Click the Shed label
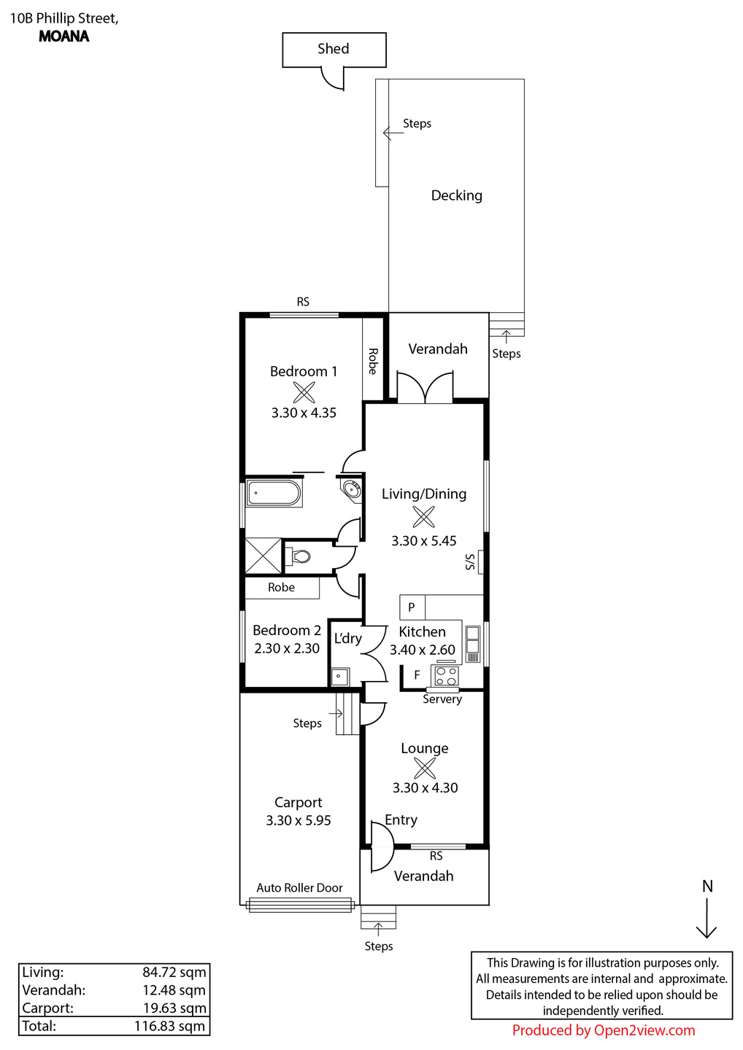pyautogui.click(x=333, y=49)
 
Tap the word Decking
pyautogui.click(x=456, y=195)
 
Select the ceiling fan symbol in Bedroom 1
pyautogui.click(x=304, y=392)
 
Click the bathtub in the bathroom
pyautogui.click(x=273, y=493)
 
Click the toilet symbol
pyautogui.click(x=299, y=557)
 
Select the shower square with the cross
pyautogui.click(x=263, y=556)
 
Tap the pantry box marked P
pyautogui.click(x=412, y=607)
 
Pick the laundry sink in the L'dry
pyautogui.click(x=340, y=677)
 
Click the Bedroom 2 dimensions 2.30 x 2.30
pyautogui.click(x=287, y=649)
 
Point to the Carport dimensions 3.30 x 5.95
pyautogui.click(x=299, y=820)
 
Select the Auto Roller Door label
pyautogui.click(x=299, y=888)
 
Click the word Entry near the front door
pyautogui.click(x=401, y=820)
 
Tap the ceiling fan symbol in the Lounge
pyautogui.click(x=425, y=769)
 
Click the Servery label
pyautogui.click(x=442, y=699)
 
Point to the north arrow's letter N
pyautogui.click(x=707, y=887)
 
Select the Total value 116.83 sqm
pyautogui.click(x=170, y=1026)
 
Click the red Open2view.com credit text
pyautogui.click(x=603, y=1030)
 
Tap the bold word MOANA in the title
pyautogui.click(x=63, y=36)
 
